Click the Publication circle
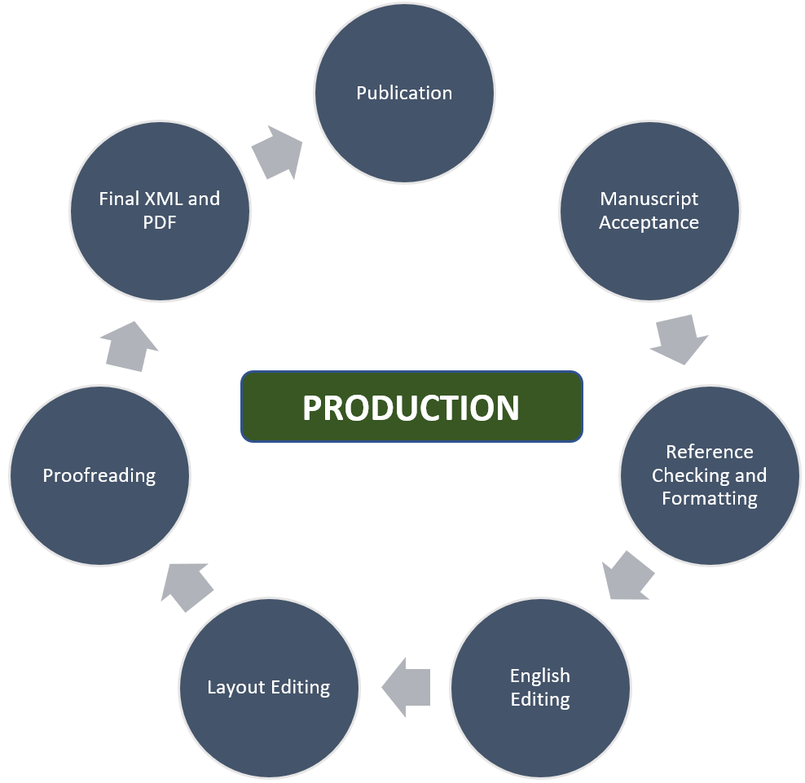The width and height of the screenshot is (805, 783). point(404,93)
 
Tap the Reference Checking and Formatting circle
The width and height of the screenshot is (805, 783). point(710,475)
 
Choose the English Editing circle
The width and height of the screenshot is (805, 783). point(540,688)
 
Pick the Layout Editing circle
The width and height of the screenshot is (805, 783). point(269,688)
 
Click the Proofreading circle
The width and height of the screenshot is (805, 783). point(99,475)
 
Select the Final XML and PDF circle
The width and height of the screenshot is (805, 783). point(160,211)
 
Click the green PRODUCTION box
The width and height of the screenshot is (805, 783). point(411,407)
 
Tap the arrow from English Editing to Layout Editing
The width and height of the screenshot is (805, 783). point(406,688)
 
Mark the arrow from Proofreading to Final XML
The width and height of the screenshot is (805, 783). point(131,345)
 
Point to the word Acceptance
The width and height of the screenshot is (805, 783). point(649,223)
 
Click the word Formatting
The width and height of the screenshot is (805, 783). point(710,499)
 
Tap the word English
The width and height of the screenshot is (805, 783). point(540,676)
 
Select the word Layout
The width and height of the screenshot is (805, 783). point(231,688)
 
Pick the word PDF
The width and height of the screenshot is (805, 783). point(160,222)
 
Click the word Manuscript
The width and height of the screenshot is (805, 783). point(649,199)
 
